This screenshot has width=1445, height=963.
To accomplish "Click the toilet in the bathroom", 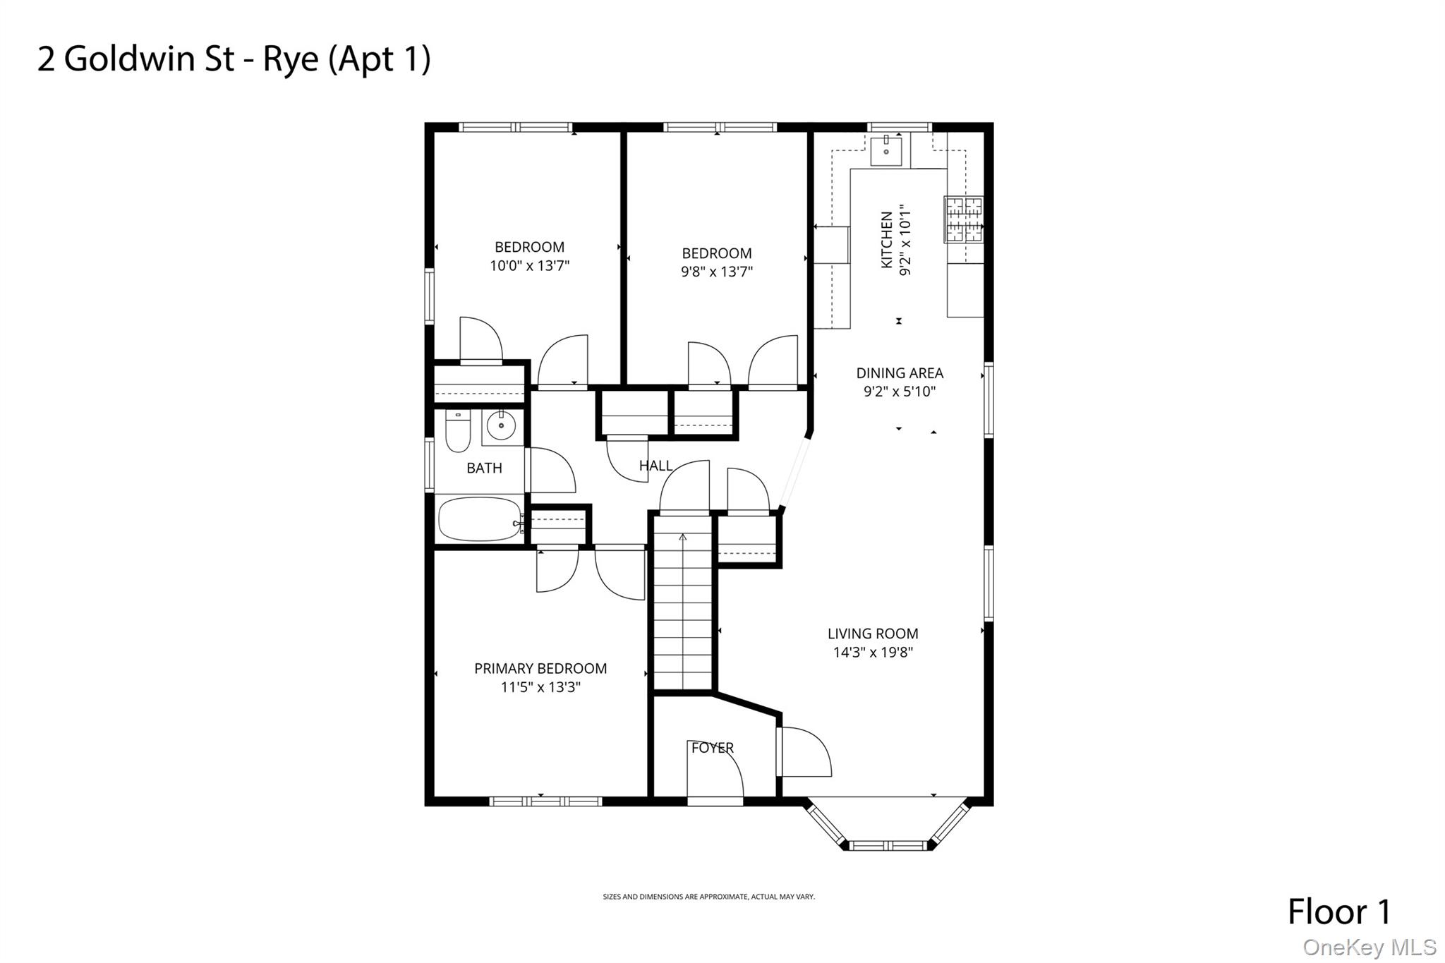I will coord(458,431).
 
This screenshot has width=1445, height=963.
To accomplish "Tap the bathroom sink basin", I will coord(501,425).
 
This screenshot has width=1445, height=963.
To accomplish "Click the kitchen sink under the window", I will coord(885,151).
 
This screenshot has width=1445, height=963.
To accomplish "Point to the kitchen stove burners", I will coord(964,219).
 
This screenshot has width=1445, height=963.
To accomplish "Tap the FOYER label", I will coord(712,748).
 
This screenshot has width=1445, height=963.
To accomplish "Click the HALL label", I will coord(655,466).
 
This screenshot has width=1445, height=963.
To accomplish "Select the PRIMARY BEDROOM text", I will coord(540,668).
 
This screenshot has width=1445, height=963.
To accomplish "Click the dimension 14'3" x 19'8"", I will coord(873,653).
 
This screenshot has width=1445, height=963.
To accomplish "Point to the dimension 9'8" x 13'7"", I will coord(717,272).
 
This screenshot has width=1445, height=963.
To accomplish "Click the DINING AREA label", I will coord(900,373).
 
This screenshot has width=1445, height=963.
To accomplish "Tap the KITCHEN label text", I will coord(887,240).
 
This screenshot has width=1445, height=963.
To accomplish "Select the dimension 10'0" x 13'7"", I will coord(529,266).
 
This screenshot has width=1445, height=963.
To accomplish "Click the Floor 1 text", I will coord(1338,911).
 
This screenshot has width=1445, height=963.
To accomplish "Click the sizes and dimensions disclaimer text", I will coord(708,897).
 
